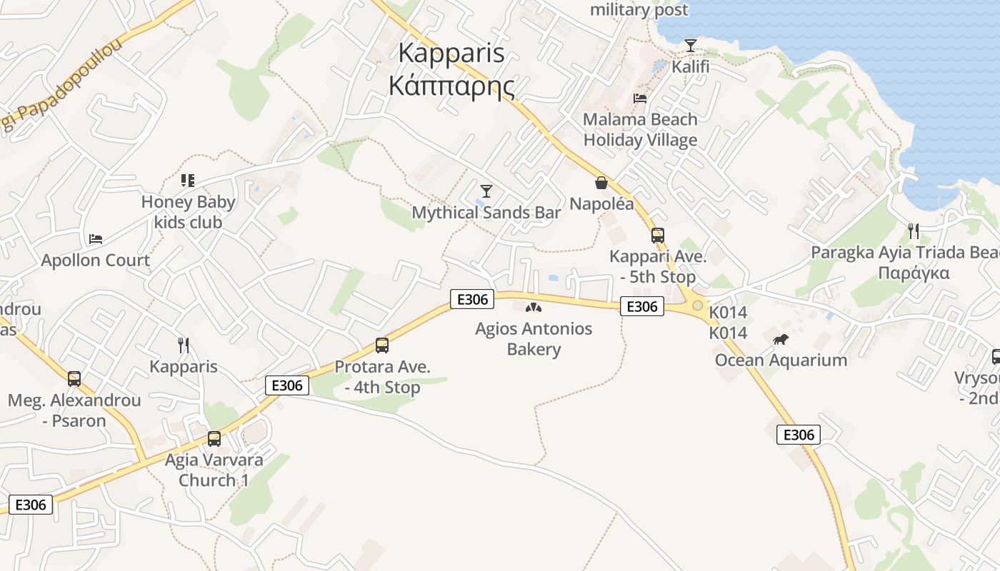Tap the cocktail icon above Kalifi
coord(690,46)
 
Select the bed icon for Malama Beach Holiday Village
coord(640,98)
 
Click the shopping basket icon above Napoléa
coord(601,183)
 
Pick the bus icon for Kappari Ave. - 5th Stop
coord(658,236)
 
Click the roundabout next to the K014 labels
coord(697,305)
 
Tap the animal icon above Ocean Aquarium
coord(781,339)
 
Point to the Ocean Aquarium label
coord(781,360)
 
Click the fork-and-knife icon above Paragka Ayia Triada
coord(913,231)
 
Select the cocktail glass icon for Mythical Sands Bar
coord(486,191)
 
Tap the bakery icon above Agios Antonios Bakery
coord(532,308)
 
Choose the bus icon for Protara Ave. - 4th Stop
coord(382,345)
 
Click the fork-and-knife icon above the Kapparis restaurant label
coord(184,345)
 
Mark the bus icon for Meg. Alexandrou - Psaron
coord(74,379)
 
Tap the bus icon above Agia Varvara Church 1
coord(214,439)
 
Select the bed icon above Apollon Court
coord(96,238)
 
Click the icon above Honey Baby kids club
coord(188,181)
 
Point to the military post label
coord(639,10)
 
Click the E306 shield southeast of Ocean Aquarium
coord(799,435)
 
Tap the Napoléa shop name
coord(601,204)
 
